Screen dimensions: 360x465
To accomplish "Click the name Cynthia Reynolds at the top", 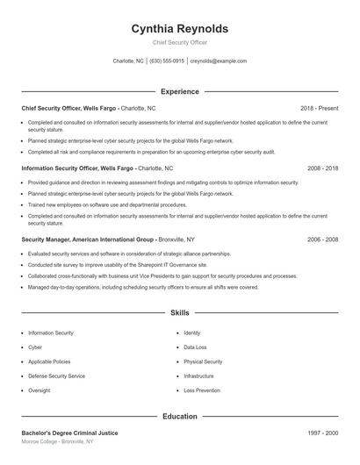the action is pyautogui.click(x=179, y=28).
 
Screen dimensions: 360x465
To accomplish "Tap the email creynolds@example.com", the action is pyautogui.click(x=219, y=61).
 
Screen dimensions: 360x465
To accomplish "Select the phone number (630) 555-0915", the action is pyautogui.click(x=167, y=61).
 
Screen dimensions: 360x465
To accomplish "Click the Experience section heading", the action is pyautogui.click(x=179, y=91).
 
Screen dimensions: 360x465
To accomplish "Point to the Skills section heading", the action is pyautogui.click(x=179, y=312).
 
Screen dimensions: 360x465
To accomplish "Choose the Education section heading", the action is pyautogui.click(x=179, y=417).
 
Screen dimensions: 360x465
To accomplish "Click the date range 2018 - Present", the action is pyautogui.click(x=319, y=108).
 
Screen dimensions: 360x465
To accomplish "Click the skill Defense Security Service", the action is pyautogui.click(x=56, y=376).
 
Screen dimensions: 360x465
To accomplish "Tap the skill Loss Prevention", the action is pyautogui.click(x=201, y=390).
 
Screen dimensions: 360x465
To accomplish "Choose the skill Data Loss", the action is pyautogui.click(x=195, y=347).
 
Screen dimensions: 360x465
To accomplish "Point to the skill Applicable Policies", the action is pyautogui.click(x=49, y=361).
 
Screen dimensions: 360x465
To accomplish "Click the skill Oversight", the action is pyautogui.click(x=39, y=390).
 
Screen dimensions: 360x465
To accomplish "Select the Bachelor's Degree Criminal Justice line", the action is pyautogui.click(x=69, y=433).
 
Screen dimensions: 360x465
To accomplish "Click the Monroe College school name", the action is pyautogui.click(x=39, y=442).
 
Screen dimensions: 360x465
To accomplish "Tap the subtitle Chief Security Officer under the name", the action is pyautogui.click(x=179, y=42).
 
